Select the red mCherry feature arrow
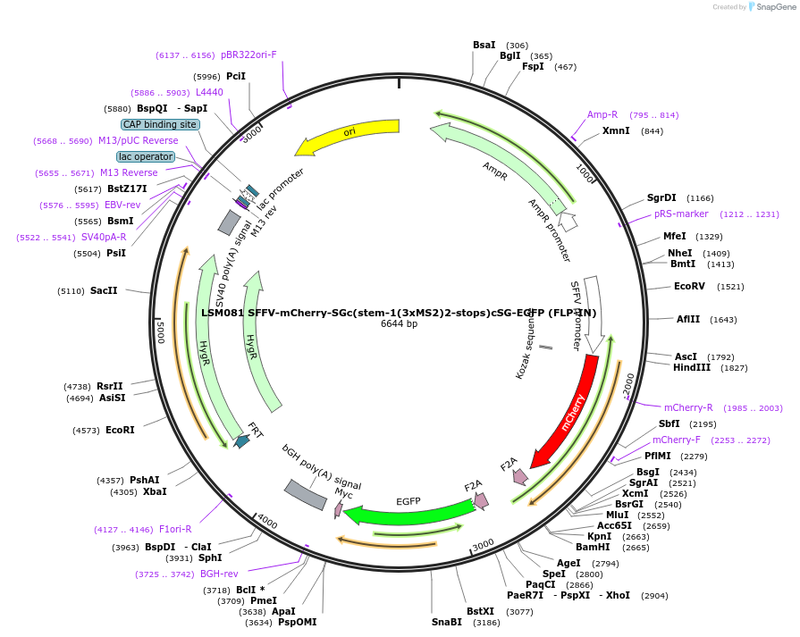[x=569, y=411]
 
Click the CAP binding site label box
[x=160, y=125]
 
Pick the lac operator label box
[x=146, y=156]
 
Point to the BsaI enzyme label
[x=484, y=45]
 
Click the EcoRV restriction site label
[x=689, y=287]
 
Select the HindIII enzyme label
[x=691, y=368]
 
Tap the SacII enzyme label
[x=104, y=291]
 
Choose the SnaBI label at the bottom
[x=447, y=622]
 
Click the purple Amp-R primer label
[x=602, y=114]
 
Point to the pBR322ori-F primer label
[x=248, y=54]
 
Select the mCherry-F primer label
[x=677, y=440]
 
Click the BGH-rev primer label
[x=219, y=574]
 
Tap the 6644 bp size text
[x=399, y=324]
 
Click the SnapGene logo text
[x=775, y=7]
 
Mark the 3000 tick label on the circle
[x=483, y=544]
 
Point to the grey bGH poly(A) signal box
[x=305, y=494]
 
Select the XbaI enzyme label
[x=155, y=491]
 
